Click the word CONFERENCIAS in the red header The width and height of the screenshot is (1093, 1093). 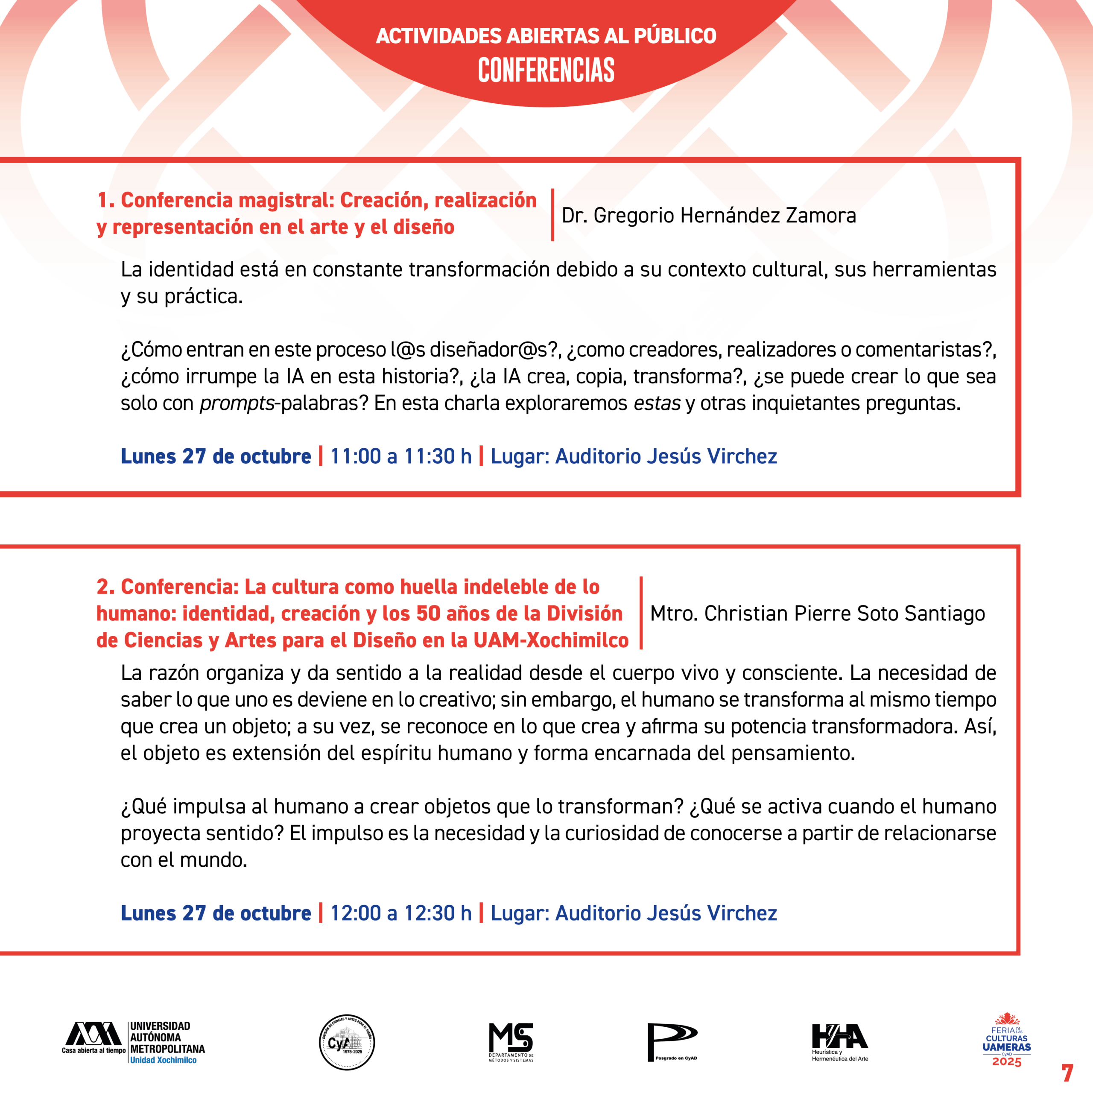click(546, 70)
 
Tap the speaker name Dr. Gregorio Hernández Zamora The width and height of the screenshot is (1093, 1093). click(708, 216)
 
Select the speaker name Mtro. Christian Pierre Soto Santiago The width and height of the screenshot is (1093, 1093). click(818, 613)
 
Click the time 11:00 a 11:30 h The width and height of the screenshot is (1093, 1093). click(400, 456)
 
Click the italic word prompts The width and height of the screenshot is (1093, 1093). click(237, 403)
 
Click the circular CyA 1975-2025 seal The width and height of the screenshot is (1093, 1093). click(347, 1042)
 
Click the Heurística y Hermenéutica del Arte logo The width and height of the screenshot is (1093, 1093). click(839, 1042)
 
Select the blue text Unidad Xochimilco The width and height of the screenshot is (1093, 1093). click(163, 1060)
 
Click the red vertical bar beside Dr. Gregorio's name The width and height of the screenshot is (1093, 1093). click(552, 215)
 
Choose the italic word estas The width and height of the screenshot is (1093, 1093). click(657, 403)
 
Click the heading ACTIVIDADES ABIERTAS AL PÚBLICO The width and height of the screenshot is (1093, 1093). click(546, 35)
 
